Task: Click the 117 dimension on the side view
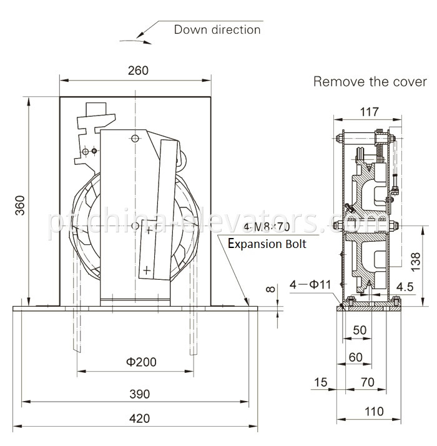coord(370,112)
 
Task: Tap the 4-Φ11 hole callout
coord(310,285)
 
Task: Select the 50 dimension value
coord(360,329)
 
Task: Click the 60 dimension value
coord(355,357)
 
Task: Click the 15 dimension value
coord(321,382)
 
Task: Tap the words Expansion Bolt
coord(267,244)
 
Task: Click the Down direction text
coord(217,29)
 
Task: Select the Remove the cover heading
coord(370,82)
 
